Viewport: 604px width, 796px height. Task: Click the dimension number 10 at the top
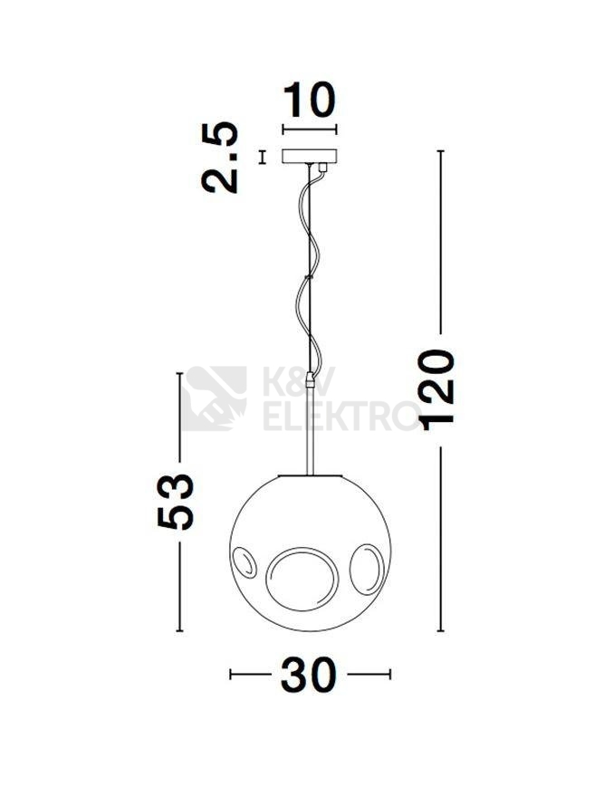(x=309, y=100)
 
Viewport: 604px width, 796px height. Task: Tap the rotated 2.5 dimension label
(x=220, y=158)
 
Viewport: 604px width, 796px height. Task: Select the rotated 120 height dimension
(x=436, y=389)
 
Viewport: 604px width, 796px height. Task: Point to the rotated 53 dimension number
(x=176, y=502)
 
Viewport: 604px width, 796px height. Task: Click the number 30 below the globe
(x=309, y=675)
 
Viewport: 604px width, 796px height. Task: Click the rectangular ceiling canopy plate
(x=309, y=157)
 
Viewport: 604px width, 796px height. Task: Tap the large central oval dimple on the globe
(x=302, y=579)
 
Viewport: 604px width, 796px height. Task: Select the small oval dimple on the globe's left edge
(x=244, y=562)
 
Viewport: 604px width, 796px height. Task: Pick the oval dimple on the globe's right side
(x=367, y=569)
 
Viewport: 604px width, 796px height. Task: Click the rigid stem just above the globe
(x=310, y=431)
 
